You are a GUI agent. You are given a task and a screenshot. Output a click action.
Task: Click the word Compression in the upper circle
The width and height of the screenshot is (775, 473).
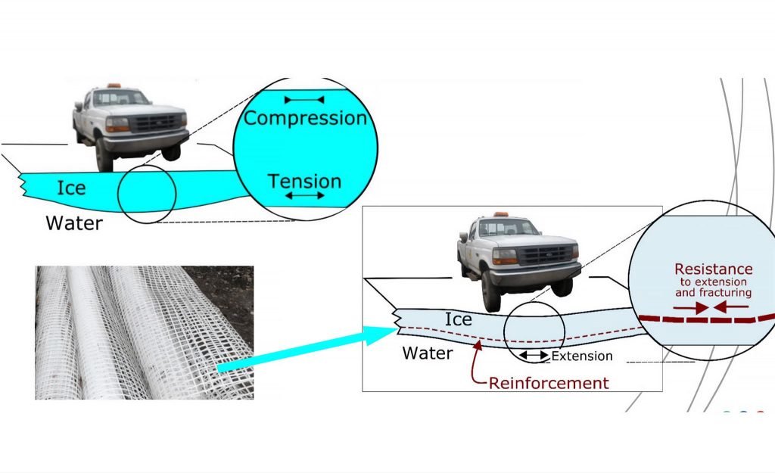[x=305, y=119]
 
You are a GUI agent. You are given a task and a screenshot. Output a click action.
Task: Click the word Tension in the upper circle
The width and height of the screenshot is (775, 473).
[x=305, y=182]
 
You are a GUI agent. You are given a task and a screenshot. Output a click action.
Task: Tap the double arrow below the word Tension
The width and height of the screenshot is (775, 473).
[x=305, y=196]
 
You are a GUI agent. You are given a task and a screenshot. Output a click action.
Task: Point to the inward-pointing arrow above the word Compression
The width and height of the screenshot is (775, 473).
[x=304, y=100]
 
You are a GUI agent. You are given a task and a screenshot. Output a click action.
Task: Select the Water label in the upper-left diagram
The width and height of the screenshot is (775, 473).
[x=73, y=223]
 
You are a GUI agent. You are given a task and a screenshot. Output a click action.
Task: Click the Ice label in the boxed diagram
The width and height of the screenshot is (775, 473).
[x=458, y=319]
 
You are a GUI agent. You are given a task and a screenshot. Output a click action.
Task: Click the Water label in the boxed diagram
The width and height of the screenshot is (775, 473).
[x=428, y=353]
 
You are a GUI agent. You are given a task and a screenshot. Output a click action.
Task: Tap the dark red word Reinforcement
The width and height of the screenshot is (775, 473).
[x=549, y=383]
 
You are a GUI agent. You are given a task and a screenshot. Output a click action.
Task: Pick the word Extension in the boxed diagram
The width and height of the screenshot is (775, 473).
[x=582, y=356]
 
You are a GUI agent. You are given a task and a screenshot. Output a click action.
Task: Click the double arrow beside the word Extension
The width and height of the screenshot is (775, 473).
[x=534, y=356]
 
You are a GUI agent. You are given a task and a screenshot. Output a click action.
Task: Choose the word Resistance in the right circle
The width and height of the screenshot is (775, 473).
[x=714, y=269]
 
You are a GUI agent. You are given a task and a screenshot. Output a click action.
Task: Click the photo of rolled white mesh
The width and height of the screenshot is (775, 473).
[x=144, y=332]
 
